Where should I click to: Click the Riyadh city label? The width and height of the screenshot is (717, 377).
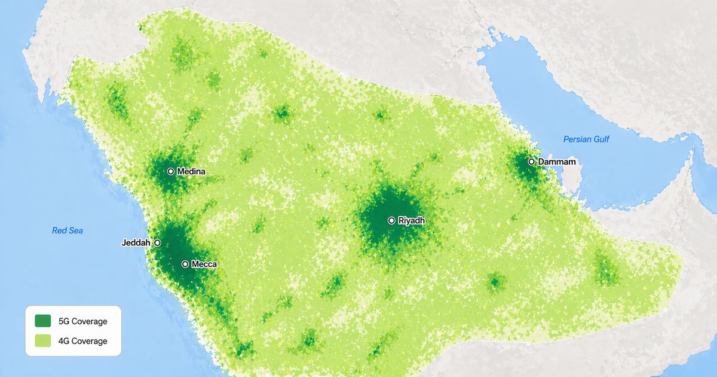click(x=412, y=221)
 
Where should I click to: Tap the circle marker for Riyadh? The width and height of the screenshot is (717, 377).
click(x=391, y=221)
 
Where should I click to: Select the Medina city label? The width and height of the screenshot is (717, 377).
click(x=191, y=172)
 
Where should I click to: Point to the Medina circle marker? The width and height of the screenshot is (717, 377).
click(x=171, y=172)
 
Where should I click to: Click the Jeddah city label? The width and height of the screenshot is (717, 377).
click(x=136, y=243)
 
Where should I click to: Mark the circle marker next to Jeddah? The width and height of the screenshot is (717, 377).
click(x=157, y=243)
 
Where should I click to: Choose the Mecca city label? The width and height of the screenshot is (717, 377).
click(x=204, y=264)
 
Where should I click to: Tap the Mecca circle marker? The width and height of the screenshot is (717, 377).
click(x=185, y=264)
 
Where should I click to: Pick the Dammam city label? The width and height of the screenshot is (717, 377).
click(x=557, y=162)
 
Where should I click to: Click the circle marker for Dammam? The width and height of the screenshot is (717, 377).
click(x=531, y=162)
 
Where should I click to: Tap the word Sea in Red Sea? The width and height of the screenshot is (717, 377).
click(x=76, y=230)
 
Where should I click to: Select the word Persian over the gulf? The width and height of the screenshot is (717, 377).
click(x=577, y=139)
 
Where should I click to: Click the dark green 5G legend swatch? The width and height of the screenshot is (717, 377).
click(x=43, y=321)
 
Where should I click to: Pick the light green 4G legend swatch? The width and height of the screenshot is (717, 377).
click(x=43, y=341)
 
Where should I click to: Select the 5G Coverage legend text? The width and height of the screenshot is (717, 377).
click(x=83, y=321)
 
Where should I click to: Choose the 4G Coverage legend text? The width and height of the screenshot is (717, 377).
click(x=83, y=341)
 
